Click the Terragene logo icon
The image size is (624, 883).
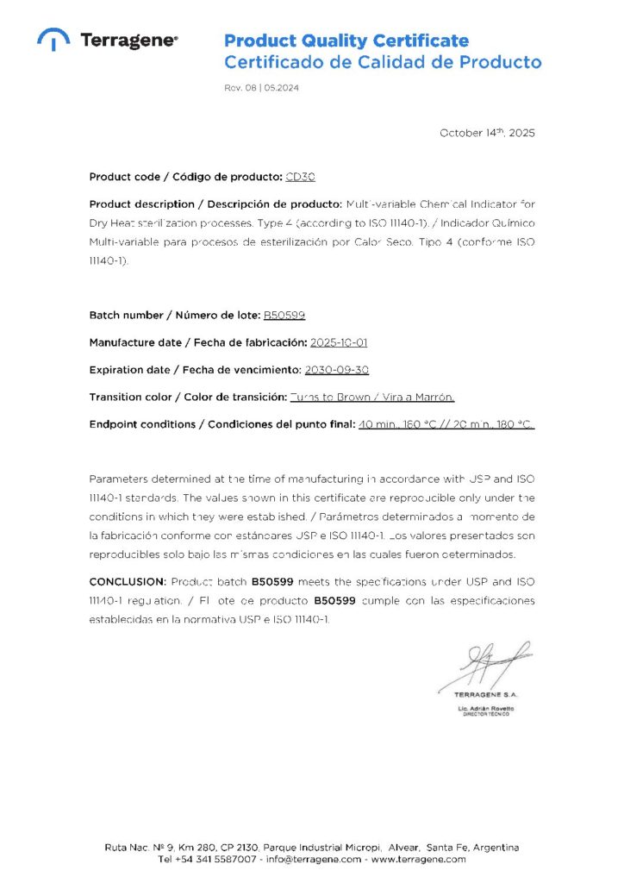tap(54, 40)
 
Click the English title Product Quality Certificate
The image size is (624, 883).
tap(346, 41)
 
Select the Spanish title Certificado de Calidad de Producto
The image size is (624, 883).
tap(383, 62)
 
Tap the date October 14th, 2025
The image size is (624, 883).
tap(487, 133)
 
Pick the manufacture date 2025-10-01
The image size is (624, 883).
tap(339, 342)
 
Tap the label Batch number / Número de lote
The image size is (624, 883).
tap(173, 316)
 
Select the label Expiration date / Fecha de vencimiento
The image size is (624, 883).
tap(194, 370)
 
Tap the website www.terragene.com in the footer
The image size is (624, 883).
tap(421, 860)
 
